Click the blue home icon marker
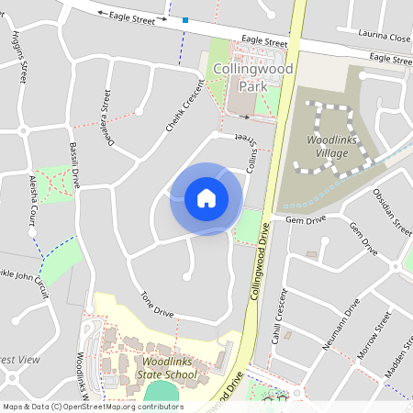(x=206, y=198)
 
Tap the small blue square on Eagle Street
(x=185, y=19)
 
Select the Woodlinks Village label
(x=327, y=146)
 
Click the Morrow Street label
(x=374, y=335)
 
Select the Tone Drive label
(x=157, y=305)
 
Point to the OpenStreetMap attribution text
(x=93, y=407)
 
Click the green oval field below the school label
(x=162, y=393)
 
